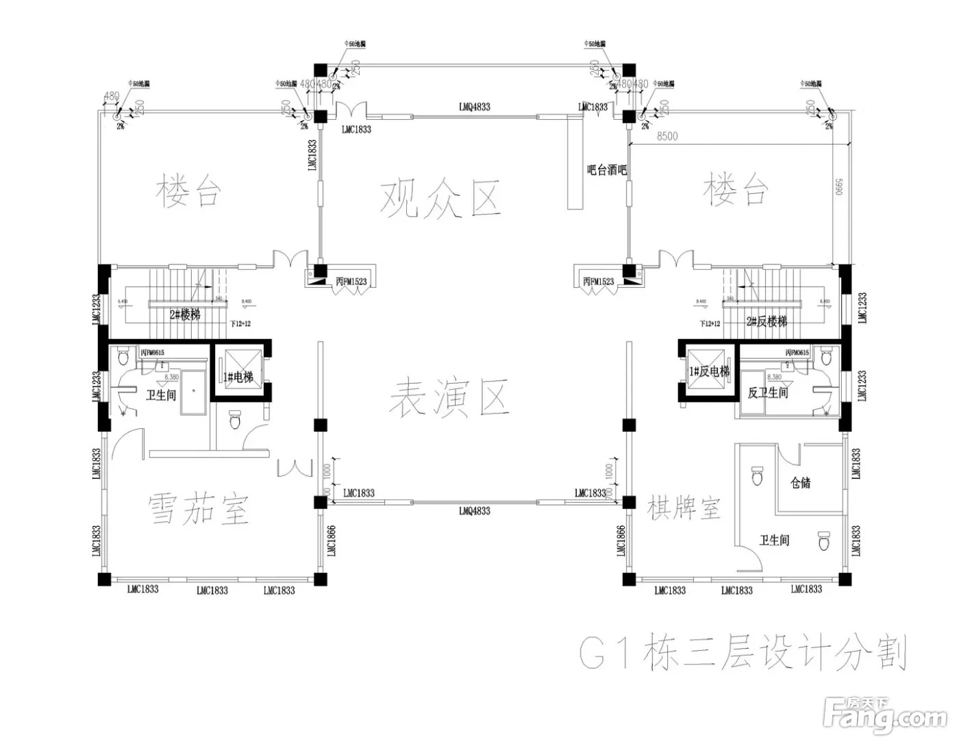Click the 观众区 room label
click(x=442, y=198)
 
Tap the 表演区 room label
click(x=449, y=398)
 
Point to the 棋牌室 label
click(x=683, y=508)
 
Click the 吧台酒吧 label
click(x=607, y=170)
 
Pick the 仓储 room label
click(x=800, y=483)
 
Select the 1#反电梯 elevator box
click(x=709, y=371)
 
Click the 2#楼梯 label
click(x=185, y=315)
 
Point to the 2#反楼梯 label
click(x=767, y=321)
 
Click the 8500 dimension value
click(x=667, y=136)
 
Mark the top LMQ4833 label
click(x=474, y=107)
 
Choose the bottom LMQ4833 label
click(x=474, y=510)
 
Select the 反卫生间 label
click(x=767, y=393)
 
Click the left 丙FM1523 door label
click(x=351, y=282)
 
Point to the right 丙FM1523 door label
click(x=598, y=282)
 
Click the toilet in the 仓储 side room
click(x=757, y=475)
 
